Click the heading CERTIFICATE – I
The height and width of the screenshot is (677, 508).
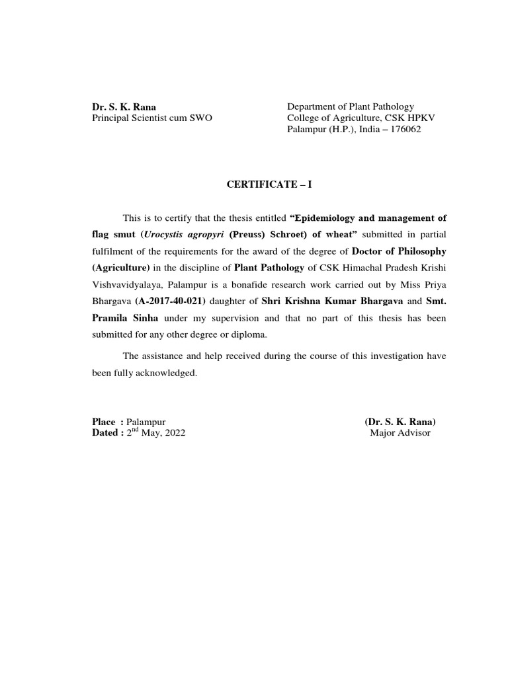click(269, 185)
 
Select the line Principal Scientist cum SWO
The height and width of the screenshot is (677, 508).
click(152, 118)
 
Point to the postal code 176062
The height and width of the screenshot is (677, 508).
click(400, 129)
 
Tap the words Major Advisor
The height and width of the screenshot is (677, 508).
click(400, 433)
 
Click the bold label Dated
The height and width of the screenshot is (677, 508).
click(106, 433)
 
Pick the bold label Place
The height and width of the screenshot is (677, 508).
click(105, 422)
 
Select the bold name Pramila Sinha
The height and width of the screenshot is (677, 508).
click(125, 318)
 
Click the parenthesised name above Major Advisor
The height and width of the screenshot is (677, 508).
click(400, 422)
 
